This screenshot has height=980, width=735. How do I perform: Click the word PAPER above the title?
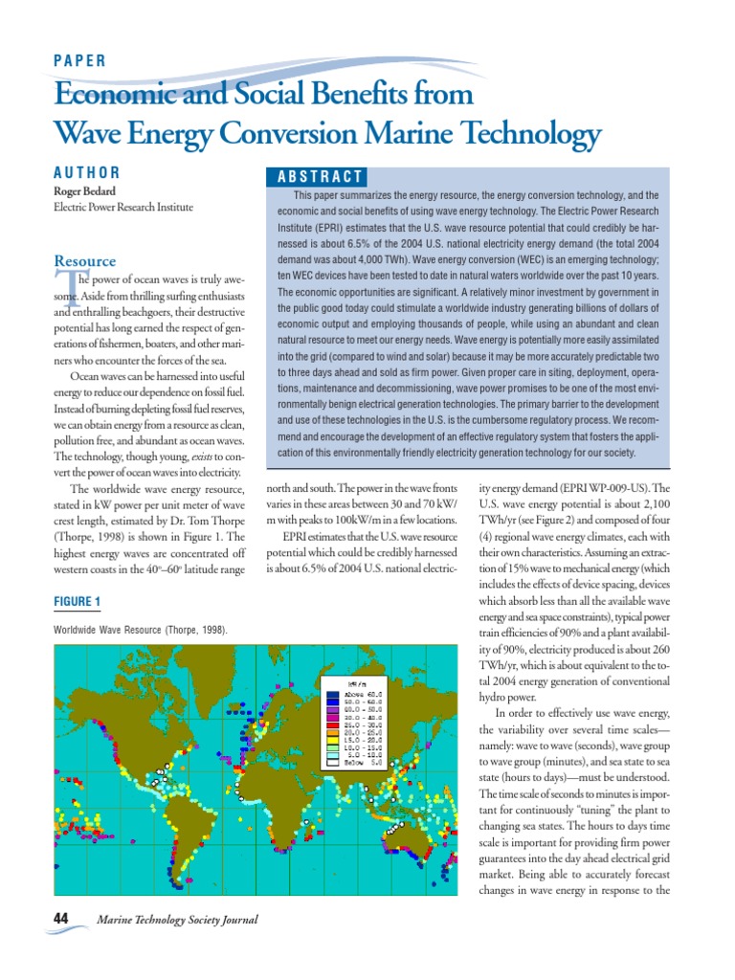point(80,59)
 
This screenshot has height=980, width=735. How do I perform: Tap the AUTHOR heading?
point(87,173)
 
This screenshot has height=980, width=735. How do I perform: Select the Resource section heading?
point(85,260)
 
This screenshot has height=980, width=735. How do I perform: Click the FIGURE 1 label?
point(78,601)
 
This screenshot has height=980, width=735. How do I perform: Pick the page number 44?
point(61,919)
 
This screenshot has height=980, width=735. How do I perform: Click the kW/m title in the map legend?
point(358,683)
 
